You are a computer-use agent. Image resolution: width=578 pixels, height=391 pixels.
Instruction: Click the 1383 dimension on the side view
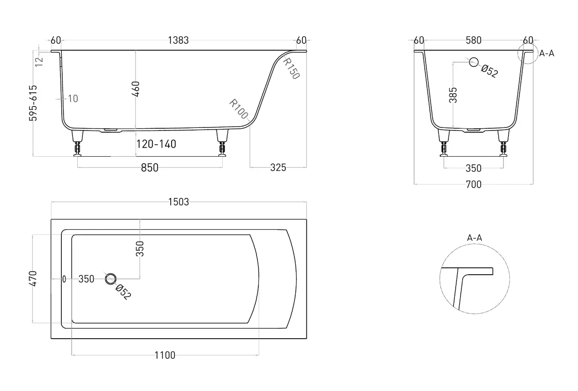[179, 40]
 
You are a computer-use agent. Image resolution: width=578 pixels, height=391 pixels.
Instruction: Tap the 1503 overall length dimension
[179, 202]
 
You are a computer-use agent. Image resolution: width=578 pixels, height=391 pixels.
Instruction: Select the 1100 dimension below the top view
[165, 355]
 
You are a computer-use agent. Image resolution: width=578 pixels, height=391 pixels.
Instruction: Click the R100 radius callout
[239, 109]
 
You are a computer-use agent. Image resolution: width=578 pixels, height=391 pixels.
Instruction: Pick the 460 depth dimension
[136, 89]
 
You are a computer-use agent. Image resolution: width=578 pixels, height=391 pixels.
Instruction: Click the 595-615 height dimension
[33, 103]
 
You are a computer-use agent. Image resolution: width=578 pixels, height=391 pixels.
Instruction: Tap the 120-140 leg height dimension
[156, 144]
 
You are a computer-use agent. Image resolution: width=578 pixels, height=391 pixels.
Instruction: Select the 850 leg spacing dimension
[150, 168]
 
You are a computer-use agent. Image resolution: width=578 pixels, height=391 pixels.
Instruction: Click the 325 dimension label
[278, 167]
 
